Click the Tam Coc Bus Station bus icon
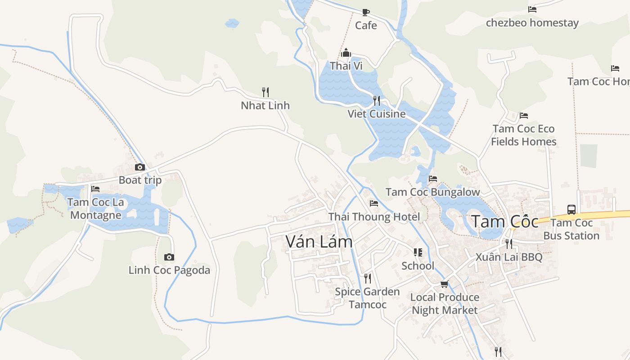click(571, 209)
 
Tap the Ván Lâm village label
click(319, 242)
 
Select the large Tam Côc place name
click(504, 222)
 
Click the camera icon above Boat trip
click(140, 167)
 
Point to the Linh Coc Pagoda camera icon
click(169, 257)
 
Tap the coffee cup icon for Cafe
click(366, 12)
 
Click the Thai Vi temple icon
click(346, 53)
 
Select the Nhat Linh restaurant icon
click(265, 92)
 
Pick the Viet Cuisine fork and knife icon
click(377, 100)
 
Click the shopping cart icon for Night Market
click(445, 284)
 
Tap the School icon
click(418, 252)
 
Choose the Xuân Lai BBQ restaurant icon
click(509, 244)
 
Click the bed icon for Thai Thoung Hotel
click(374, 203)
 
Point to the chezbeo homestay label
click(532, 23)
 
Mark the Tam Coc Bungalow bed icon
click(433, 179)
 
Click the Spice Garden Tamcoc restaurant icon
click(368, 279)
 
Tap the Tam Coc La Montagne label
click(96, 209)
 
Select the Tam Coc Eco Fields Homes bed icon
click(523, 116)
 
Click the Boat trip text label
click(140, 180)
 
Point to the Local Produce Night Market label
click(445, 304)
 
